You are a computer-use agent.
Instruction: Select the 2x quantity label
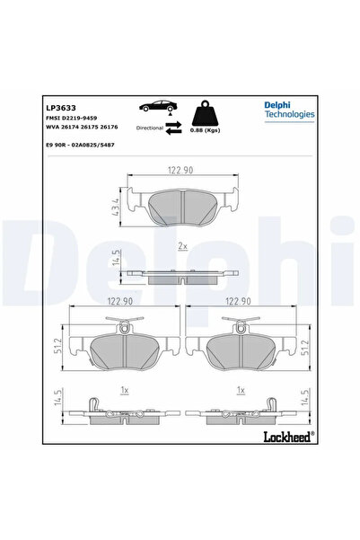coord(182,245)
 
